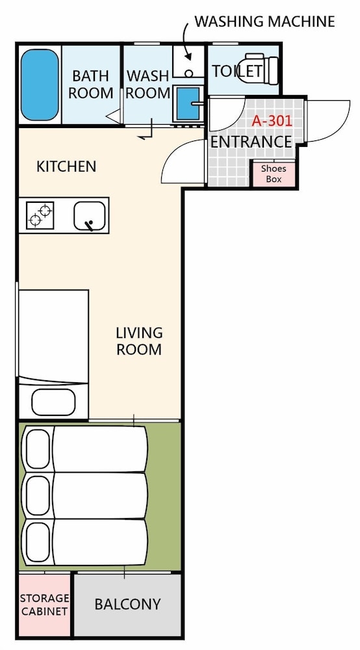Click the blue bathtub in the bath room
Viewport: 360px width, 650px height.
40,85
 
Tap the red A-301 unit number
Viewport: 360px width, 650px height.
272,121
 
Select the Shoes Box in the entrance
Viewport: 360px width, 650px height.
274,174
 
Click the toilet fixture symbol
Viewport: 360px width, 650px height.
262,68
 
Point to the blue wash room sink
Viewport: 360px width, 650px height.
188,103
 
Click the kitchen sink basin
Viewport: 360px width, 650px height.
89,216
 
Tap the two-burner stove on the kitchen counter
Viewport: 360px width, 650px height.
40,215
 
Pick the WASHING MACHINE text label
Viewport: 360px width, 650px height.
264,21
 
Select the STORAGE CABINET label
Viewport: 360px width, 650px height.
45,604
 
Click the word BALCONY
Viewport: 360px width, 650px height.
127,604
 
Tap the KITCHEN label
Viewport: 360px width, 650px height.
66,166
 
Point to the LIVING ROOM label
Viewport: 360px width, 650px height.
139,341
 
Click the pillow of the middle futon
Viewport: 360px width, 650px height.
38,495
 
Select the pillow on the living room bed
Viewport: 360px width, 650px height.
53,402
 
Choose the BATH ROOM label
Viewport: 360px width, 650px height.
91,84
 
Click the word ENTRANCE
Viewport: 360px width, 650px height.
251,142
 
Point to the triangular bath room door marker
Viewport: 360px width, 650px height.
114,116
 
